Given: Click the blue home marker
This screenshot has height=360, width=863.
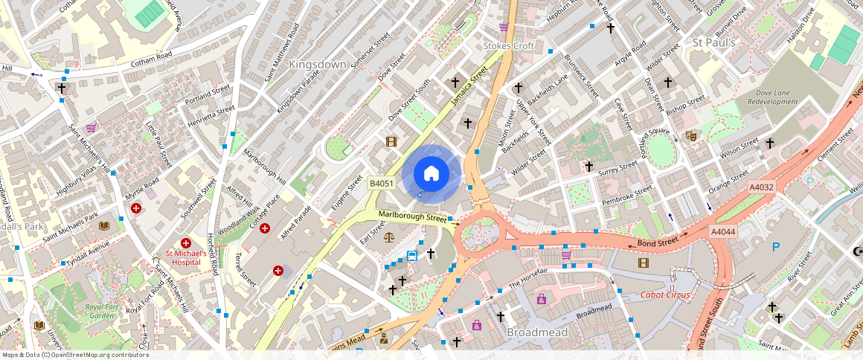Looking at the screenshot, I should pyautogui.click(x=431, y=174).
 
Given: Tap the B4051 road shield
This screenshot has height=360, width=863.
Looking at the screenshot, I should pyautogui.click(x=382, y=183).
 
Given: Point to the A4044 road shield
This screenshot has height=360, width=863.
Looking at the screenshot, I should pyautogui.click(x=723, y=232).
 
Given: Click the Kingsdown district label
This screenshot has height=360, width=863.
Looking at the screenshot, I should pyautogui.click(x=318, y=65).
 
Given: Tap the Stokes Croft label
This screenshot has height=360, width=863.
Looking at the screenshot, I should pyautogui.click(x=508, y=46).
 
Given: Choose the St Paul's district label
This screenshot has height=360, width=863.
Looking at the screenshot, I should pyautogui.click(x=713, y=43).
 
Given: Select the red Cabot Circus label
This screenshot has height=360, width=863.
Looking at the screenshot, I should pyautogui.click(x=665, y=295).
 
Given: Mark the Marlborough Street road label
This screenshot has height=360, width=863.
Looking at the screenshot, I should pyautogui.click(x=412, y=216).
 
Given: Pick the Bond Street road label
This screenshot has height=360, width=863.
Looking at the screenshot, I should pyautogui.click(x=657, y=242).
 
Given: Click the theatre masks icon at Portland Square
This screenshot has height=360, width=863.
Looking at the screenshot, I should pyautogui.click(x=690, y=136).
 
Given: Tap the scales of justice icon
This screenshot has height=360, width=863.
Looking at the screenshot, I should pyautogui.click(x=388, y=237).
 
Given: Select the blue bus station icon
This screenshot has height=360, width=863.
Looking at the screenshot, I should pyautogui.click(x=411, y=256).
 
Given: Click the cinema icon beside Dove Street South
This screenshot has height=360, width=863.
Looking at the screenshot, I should pyautogui.click(x=391, y=141).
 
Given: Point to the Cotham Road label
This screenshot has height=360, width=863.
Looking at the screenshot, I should pyautogui.click(x=152, y=55).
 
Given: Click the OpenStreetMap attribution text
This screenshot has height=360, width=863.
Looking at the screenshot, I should pyautogui.click(x=75, y=355).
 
